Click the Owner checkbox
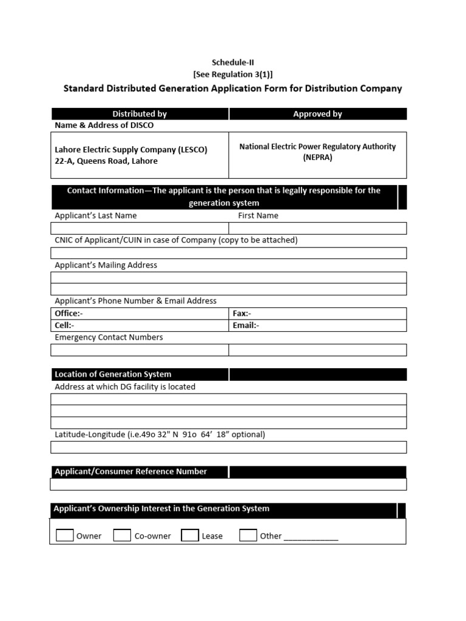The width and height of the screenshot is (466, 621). (65, 535)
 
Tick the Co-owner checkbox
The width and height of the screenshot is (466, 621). (122, 535)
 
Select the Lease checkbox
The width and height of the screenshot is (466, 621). (190, 535)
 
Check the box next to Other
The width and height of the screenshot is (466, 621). (248, 535)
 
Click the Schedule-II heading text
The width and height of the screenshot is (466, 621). (233, 62)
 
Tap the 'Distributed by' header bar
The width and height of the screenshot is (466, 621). (140, 113)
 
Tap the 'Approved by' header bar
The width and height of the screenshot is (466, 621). (317, 113)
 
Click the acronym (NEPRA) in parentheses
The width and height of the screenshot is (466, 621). (317, 157)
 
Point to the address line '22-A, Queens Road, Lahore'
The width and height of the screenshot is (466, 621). (106, 161)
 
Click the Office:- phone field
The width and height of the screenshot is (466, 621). (140, 314)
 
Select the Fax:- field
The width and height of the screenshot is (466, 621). (317, 314)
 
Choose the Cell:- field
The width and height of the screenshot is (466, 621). (140, 326)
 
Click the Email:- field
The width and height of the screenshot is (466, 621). (317, 326)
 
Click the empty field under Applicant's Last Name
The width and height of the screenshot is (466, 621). (140, 228)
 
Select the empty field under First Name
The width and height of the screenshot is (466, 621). (317, 228)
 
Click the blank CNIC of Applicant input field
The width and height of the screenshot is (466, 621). (229, 253)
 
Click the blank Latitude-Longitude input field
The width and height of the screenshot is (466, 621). (229, 448)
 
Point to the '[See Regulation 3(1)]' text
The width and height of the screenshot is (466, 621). (233, 74)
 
